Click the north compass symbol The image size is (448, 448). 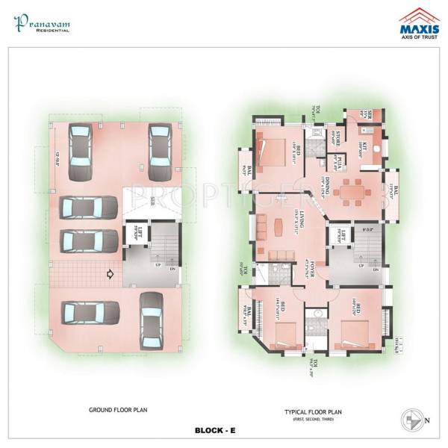(x=412, y=419)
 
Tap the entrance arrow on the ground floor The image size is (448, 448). (x=111, y=274)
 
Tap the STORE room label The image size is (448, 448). (x=337, y=138)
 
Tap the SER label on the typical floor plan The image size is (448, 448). (x=368, y=114)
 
